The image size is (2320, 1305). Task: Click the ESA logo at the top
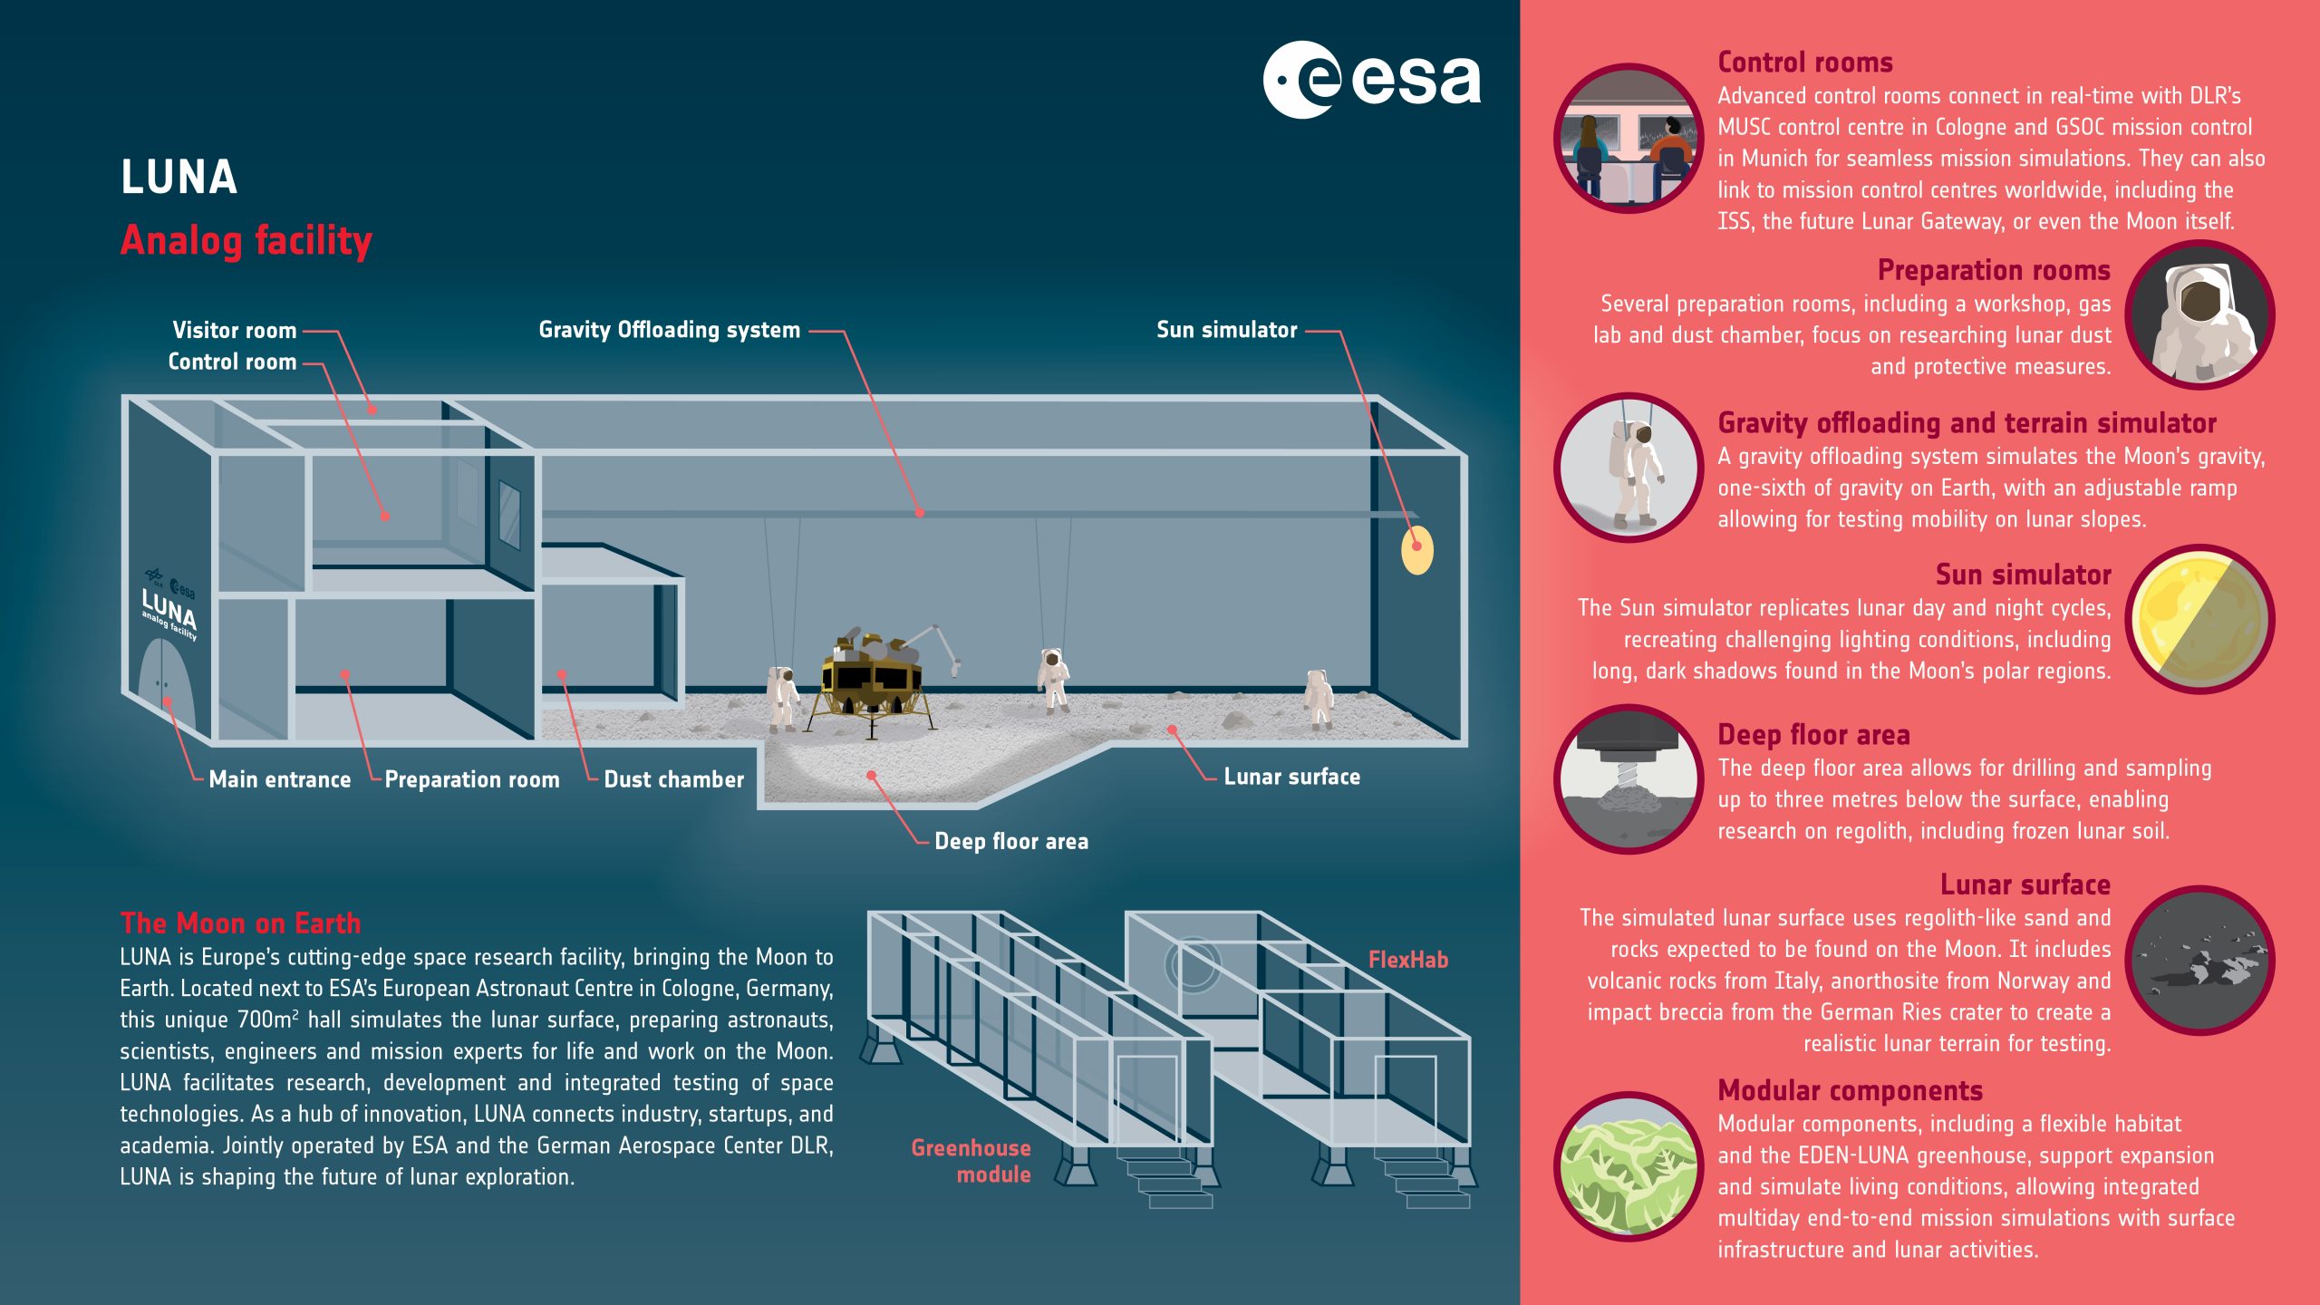coord(1372,80)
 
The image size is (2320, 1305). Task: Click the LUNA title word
coord(179,178)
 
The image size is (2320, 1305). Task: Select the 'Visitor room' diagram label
coord(235,331)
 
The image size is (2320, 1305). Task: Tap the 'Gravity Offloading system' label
coord(669,330)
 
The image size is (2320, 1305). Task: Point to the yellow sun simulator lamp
coord(1417,549)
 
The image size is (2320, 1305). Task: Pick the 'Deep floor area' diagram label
coord(1011,842)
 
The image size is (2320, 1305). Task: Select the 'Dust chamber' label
coord(673,780)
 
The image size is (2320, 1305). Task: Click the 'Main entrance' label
coord(279,780)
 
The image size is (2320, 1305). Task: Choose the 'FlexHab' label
coord(1407,960)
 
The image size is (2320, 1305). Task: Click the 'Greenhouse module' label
coord(971,1161)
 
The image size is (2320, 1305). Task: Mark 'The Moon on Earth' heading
coord(240,923)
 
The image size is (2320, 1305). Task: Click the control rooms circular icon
coord(1629,139)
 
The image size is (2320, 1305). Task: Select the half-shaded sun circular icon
coord(2199,619)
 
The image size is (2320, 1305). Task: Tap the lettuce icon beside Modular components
coord(1629,1166)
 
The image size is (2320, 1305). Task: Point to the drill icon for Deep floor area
coord(1629,778)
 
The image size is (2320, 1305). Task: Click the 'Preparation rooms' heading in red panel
coord(1994,270)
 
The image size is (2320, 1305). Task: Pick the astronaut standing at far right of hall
coord(1318,699)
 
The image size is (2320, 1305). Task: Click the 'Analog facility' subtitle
coord(246,241)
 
